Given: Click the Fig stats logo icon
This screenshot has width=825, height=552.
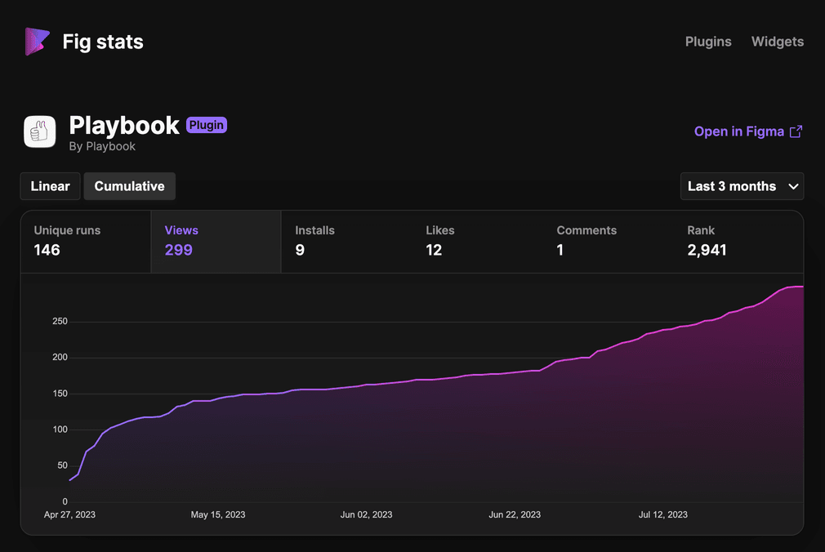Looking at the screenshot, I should [x=37, y=42].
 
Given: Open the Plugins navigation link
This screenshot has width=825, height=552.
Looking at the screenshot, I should [x=708, y=42].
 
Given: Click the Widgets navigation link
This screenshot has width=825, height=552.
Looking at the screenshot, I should [x=777, y=42].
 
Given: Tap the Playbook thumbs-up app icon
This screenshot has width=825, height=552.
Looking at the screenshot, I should [x=40, y=131].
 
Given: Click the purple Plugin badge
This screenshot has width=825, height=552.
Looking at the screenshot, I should [x=207, y=125].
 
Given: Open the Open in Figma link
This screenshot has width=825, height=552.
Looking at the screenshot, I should [x=747, y=131].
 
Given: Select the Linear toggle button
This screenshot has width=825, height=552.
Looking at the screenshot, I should [x=51, y=186].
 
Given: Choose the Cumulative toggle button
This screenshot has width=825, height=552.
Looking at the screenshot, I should [x=129, y=186].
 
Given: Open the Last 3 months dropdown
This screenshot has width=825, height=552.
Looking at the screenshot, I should [x=742, y=186].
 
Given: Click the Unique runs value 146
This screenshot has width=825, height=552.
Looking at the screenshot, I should [x=47, y=250].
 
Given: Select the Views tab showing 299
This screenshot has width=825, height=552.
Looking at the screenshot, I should [x=216, y=242].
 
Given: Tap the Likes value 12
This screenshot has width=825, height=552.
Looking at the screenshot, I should [x=434, y=250].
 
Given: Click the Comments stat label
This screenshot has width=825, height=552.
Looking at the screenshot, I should [x=586, y=230].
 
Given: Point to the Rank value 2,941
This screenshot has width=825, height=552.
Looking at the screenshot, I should [x=707, y=250].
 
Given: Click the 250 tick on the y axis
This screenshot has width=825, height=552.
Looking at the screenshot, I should [x=60, y=322].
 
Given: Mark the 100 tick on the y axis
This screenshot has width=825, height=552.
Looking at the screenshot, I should [x=60, y=430].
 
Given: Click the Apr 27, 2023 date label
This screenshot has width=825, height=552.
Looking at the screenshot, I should [x=69, y=514].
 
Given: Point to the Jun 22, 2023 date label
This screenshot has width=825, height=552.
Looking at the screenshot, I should [x=515, y=514].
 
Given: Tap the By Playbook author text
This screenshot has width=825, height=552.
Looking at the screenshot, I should [x=102, y=146].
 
